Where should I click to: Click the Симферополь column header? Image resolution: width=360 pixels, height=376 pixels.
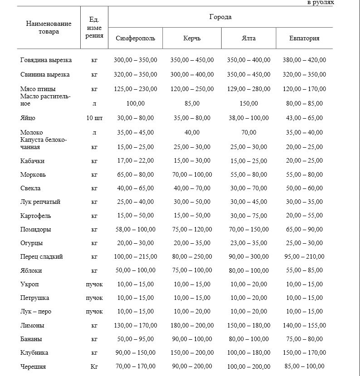coord(136,39)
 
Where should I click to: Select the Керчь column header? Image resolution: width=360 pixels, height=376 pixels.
coord(192,39)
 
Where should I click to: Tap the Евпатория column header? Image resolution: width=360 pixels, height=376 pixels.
coord(304,39)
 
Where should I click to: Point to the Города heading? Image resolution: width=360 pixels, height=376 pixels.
coord(220,17)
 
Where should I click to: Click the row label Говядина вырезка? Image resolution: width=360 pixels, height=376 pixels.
coord(46,60)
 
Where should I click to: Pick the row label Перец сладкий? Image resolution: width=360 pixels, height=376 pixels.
coord(42,257)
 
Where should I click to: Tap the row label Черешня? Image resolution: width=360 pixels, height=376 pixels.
coord(33,366)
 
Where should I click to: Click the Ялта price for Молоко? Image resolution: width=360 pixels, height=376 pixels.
coord(248,133)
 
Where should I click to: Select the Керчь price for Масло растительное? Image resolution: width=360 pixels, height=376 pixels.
coord(192,104)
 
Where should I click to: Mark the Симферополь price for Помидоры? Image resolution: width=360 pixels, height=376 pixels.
coord(136,230)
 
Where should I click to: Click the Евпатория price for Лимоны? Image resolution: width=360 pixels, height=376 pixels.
coord(304,325)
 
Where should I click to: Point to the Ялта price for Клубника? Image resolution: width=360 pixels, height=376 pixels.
coord(248,353)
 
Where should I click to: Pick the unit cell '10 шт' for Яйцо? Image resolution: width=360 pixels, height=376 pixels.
coord(94,118)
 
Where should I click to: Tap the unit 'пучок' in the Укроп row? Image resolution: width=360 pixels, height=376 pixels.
coord(94,284)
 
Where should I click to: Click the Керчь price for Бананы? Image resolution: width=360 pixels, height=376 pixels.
coord(192,339)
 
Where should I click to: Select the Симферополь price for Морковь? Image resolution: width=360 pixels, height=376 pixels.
coord(136,174)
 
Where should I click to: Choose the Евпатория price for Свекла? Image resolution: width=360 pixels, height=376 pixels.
coord(304,188)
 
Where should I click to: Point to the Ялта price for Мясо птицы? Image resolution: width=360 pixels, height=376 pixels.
coord(248,89)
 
